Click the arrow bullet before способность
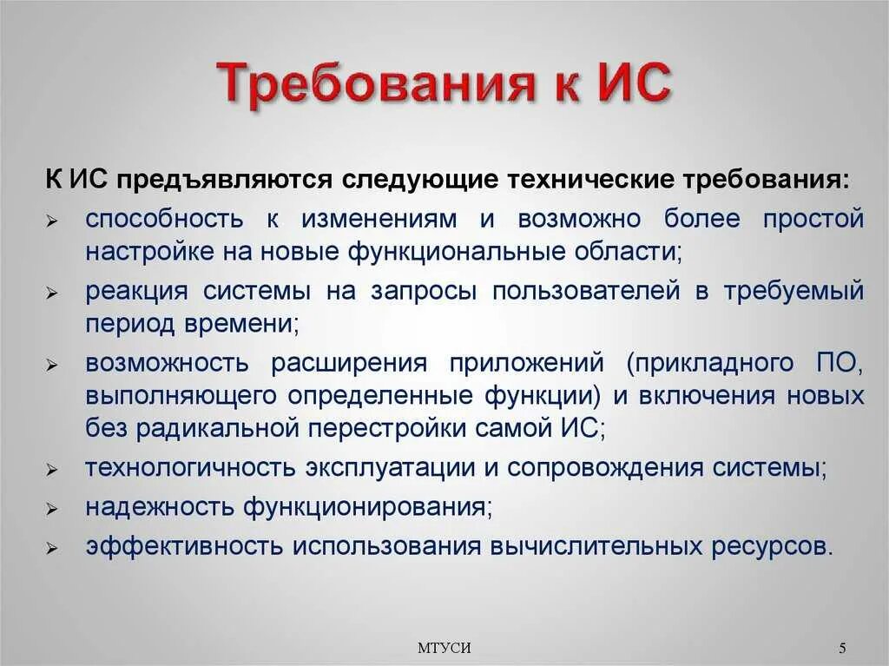coord(52,221)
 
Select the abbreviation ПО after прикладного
coord(837,362)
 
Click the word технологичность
coord(188,467)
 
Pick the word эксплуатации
coord(388,467)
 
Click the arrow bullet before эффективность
coord(52,549)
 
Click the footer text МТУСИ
coord(444,648)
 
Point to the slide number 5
coord(842,648)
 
